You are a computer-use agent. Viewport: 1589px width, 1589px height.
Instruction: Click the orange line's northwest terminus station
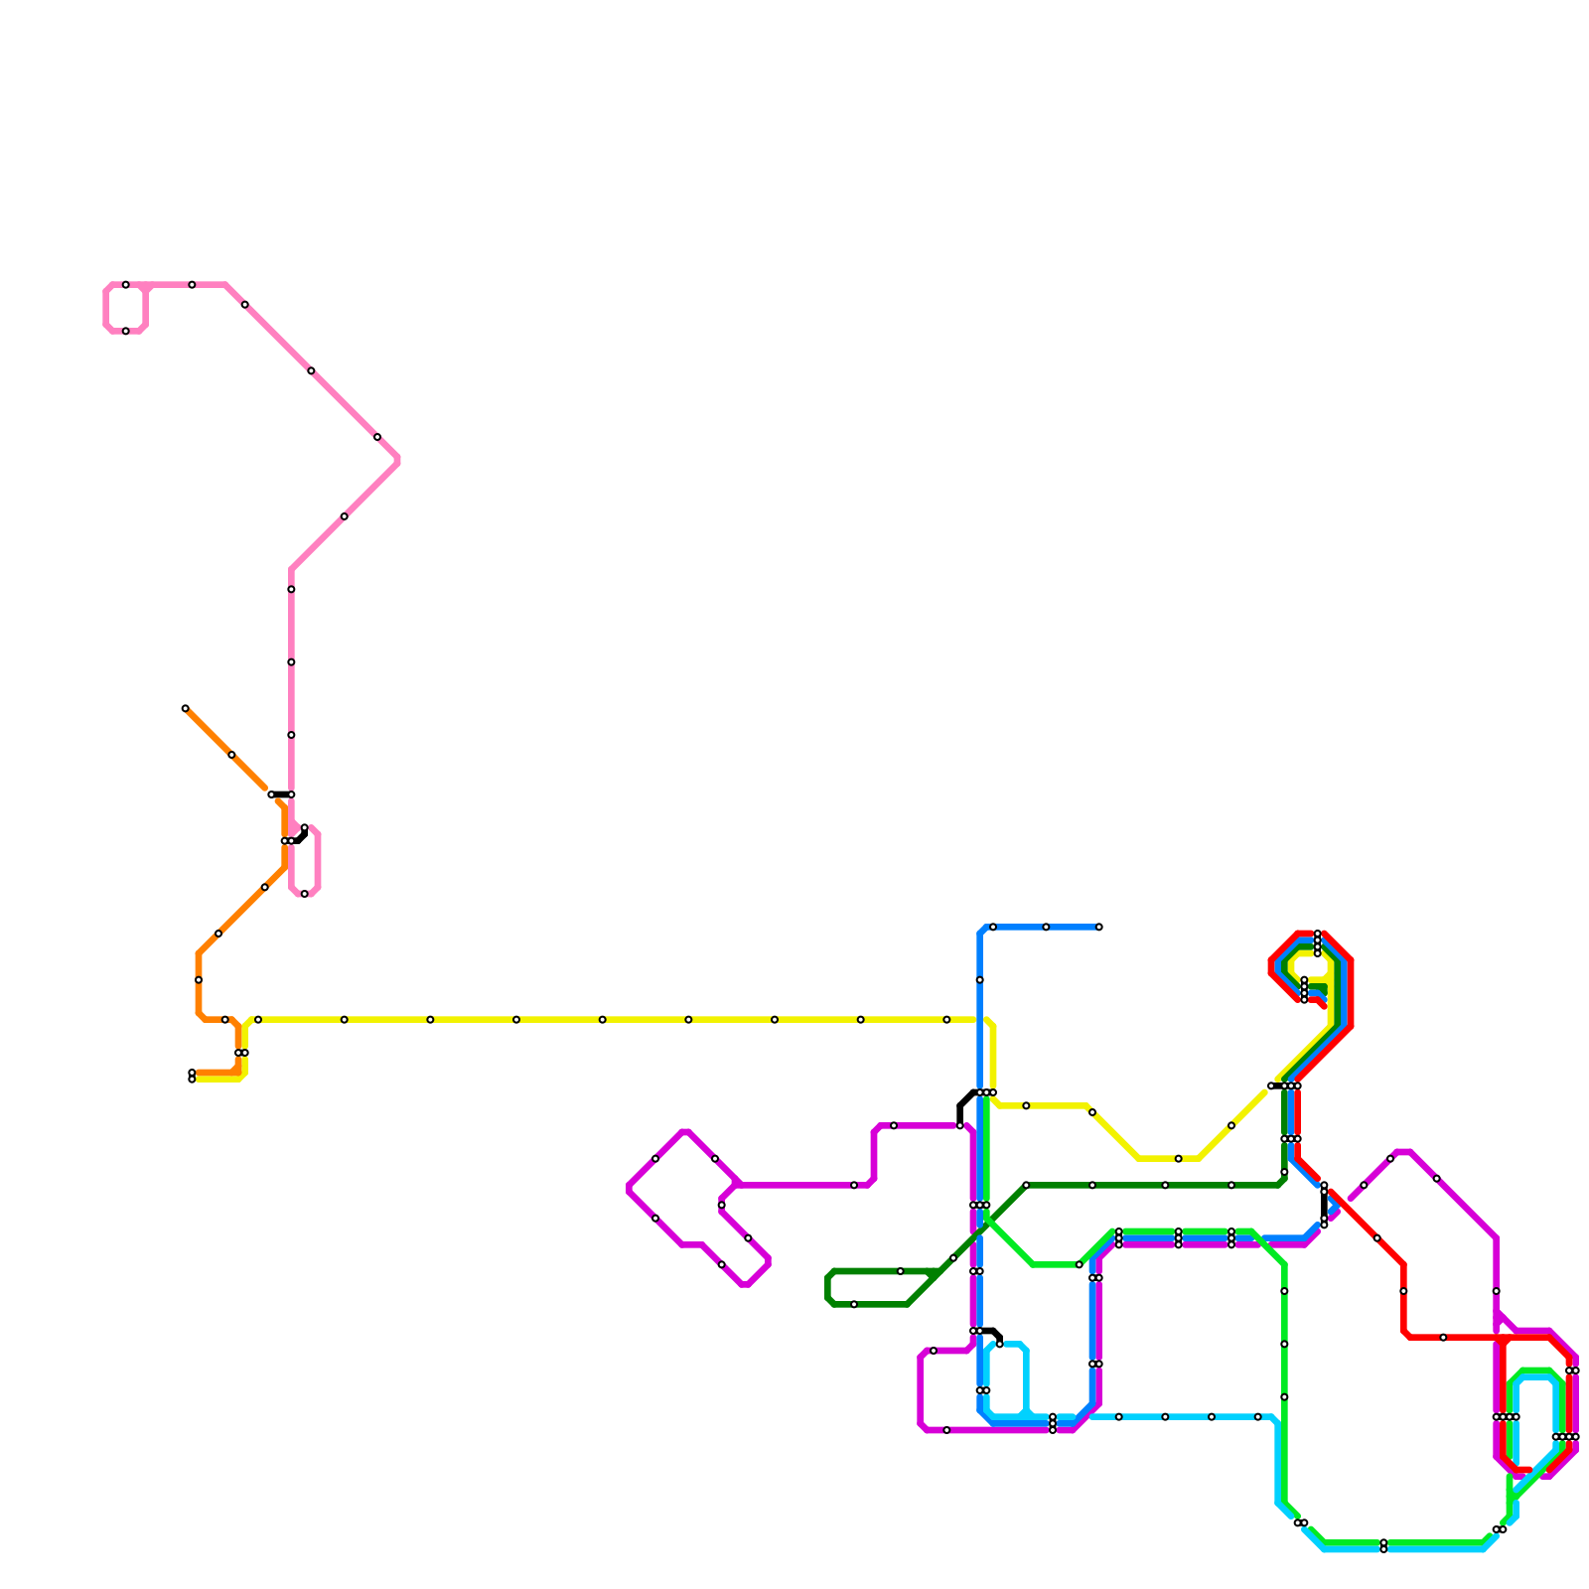pos(186,708)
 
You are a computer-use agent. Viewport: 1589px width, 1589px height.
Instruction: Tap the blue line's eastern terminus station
pos(1099,927)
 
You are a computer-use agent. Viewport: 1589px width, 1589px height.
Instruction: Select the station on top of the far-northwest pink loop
pos(126,285)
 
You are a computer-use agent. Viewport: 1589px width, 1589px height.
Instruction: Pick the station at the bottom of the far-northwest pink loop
pos(126,331)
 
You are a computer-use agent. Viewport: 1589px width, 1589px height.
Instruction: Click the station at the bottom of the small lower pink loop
pos(305,894)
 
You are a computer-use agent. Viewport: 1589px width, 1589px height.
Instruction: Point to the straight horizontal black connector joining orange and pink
pos(281,794)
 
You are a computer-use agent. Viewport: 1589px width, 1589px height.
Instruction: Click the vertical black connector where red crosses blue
pos(1324,1205)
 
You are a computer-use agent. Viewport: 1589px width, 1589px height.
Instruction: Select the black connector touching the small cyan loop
pos(991,1332)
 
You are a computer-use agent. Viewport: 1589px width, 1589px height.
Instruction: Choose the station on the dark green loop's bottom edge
pos(854,1304)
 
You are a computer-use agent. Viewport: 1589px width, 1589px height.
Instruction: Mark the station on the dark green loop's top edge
pos(901,1271)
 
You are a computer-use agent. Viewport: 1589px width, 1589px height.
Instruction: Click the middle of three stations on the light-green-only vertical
pos(1284,1344)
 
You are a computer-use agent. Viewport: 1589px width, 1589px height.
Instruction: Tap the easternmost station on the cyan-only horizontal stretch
pos(1258,1417)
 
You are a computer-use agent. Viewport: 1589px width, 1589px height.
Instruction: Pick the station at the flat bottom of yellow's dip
pos(1179,1159)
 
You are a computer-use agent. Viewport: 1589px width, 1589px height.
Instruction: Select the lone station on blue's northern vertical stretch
pos(980,980)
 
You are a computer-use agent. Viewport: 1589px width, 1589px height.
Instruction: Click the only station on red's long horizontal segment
pos(1443,1338)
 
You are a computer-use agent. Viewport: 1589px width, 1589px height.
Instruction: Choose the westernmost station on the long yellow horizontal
pos(258,1020)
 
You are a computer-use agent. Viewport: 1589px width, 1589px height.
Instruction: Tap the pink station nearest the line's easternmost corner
pos(377,437)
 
